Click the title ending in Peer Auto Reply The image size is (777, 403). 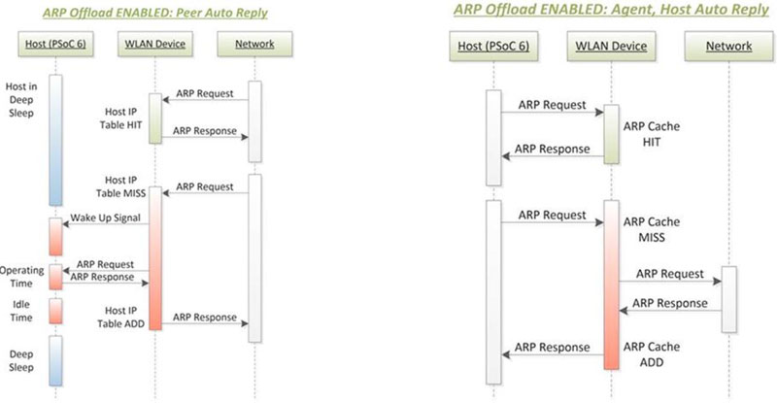pos(155,13)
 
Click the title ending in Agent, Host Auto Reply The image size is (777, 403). pos(612,9)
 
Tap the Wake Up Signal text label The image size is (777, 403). pos(105,218)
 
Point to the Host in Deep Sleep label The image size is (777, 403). pos(21,100)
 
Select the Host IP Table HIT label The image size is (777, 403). pos(120,118)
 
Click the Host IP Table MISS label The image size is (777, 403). pos(120,186)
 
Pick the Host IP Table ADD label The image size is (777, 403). pos(120,318)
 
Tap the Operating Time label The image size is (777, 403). pos(20,277)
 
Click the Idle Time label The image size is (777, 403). pos(21,311)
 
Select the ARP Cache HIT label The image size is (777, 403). pos(651,134)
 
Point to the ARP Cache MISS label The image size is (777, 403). pos(651,229)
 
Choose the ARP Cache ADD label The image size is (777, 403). pos(651,354)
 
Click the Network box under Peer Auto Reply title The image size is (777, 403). pos(254,44)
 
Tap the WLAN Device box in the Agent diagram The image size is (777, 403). pos(611,46)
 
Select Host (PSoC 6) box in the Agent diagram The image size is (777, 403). pos(493,46)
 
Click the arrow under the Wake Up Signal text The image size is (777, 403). pos(106,224)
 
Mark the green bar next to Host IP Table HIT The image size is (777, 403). pos(155,118)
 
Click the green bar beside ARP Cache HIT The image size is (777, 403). pos(611,134)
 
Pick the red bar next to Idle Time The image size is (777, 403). pos(55,311)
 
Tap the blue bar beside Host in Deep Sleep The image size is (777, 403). pos(55,140)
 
